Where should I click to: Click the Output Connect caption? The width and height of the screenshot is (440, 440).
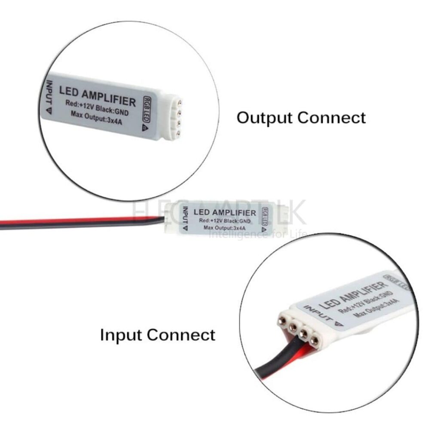coord(301,117)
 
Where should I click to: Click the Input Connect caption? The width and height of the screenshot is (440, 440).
coord(158,335)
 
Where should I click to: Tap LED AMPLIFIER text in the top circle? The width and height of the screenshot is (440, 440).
coord(97,96)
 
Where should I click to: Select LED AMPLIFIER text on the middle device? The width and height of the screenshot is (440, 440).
coord(225,213)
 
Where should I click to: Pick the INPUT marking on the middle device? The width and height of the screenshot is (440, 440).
coord(185,219)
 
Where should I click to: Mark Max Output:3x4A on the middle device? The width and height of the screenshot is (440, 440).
coord(225,228)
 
